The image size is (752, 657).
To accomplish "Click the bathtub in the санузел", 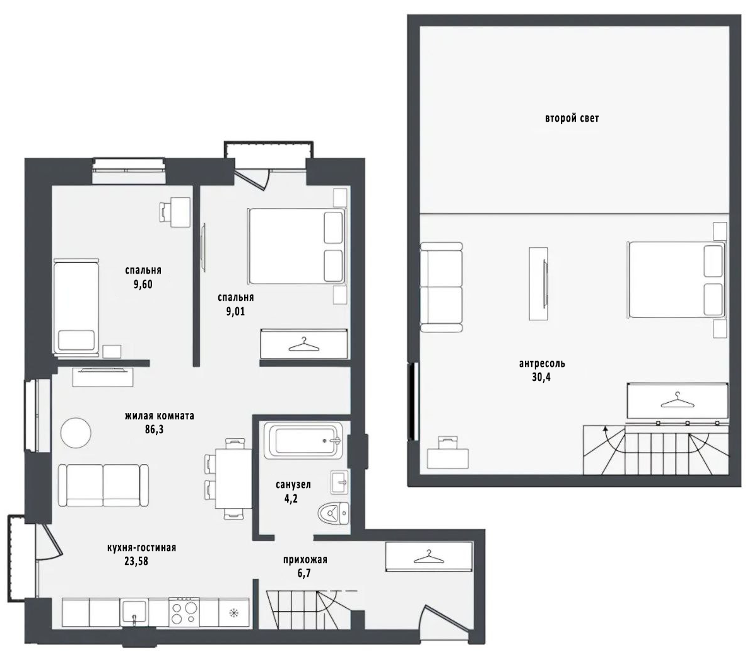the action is tap(305, 440).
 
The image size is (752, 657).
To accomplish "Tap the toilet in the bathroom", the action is tap(334, 514).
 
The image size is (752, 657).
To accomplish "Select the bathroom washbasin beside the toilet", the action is tap(339, 482).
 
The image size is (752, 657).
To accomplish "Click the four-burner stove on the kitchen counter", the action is tap(184, 612).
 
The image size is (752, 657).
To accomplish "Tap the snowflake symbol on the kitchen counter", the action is tap(233, 612).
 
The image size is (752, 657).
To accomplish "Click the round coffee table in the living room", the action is tap(76, 433).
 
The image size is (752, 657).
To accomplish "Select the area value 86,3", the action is tap(154, 429).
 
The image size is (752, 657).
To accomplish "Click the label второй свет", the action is tap(572, 118).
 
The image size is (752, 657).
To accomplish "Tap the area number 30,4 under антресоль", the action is tap(541, 376).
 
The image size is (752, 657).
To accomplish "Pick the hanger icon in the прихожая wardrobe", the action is tap(429, 556).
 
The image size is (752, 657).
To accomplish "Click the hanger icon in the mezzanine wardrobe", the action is tap(678, 400).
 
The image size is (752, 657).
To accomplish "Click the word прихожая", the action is tap(305, 560).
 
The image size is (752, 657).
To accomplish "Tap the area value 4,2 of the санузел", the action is tap(291, 498).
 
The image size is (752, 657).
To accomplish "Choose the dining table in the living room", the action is tap(233, 479).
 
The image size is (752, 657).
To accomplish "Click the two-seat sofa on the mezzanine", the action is tap(441, 287).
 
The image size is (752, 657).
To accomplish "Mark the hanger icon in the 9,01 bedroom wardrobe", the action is tap(304, 344).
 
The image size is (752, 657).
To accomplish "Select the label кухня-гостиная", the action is tap(141, 547).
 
